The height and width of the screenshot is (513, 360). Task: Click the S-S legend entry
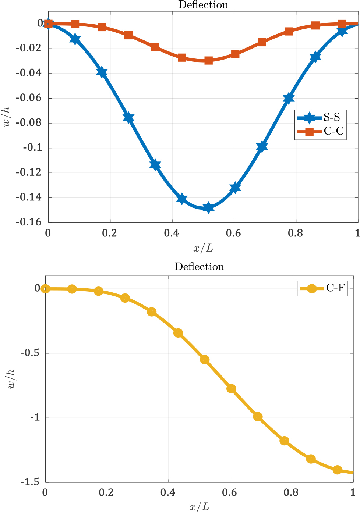pyautogui.click(x=320, y=118)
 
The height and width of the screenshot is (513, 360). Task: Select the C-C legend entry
pyautogui.click(x=320, y=131)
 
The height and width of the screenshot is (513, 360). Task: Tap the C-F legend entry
pyautogui.click(x=322, y=288)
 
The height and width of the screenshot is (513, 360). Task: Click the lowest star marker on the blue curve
pyautogui.click(x=208, y=207)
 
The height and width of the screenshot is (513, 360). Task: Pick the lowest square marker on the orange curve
pyautogui.click(x=208, y=60)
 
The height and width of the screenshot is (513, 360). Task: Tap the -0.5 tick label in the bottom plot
pyautogui.click(x=32, y=353)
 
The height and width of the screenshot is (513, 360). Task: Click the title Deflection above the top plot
pyautogui.click(x=203, y=5)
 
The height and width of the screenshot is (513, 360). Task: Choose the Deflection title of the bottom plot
pyautogui.click(x=199, y=267)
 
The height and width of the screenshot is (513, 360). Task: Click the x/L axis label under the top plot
pyautogui.click(x=203, y=248)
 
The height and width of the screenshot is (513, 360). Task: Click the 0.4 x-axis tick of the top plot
pyautogui.click(x=172, y=233)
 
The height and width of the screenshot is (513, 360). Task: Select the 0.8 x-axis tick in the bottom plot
pyautogui.click(x=291, y=492)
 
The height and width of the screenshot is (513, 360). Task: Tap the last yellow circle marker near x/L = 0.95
pyautogui.click(x=337, y=470)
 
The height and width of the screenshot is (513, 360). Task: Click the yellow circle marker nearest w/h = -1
pyautogui.click(x=258, y=417)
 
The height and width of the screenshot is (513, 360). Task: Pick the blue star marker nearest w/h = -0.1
pyautogui.click(x=262, y=147)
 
